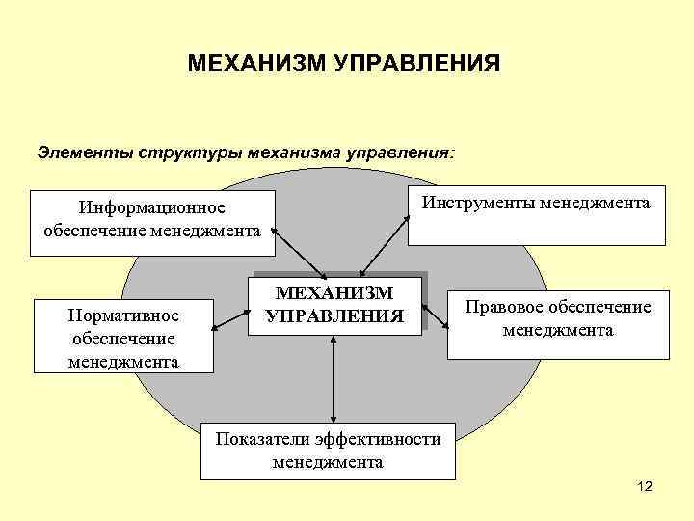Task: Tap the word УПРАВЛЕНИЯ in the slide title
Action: pos(418,65)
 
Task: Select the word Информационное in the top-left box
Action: pos(151,209)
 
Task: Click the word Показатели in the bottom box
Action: pos(259,440)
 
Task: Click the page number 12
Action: pos(645,489)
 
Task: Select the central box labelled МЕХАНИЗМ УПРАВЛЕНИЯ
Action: pos(334,305)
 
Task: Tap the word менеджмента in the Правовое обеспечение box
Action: pos(558,330)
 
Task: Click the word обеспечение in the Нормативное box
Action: pos(122,340)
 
